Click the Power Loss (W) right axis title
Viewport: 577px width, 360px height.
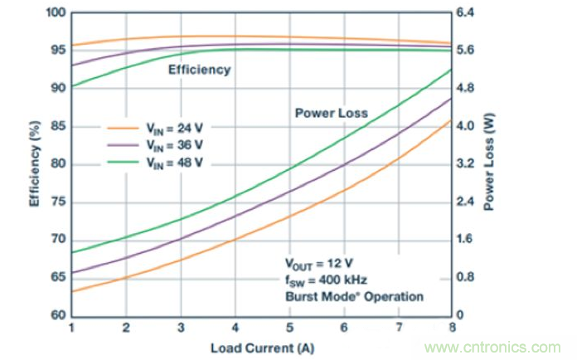(x=489, y=164)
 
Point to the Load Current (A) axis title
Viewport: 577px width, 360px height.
(x=261, y=345)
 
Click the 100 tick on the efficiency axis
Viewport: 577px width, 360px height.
(x=56, y=13)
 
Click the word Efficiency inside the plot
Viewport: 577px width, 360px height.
(x=199, y=70)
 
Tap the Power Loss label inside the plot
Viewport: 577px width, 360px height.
(x=331, y=113)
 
